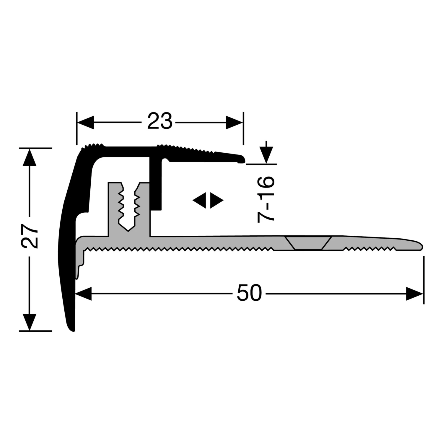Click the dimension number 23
click(159, 121)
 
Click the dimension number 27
click(30, 236)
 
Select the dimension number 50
click(249, 293)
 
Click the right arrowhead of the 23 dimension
click(234, 123)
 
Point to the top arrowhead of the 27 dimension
click(29, 157)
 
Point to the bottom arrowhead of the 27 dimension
click(29, 322)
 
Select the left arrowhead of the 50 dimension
click(84, 294)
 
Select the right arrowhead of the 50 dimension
click(415, 294)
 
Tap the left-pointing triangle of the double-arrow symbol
click(200, 201)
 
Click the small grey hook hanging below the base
click(78, 273)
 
